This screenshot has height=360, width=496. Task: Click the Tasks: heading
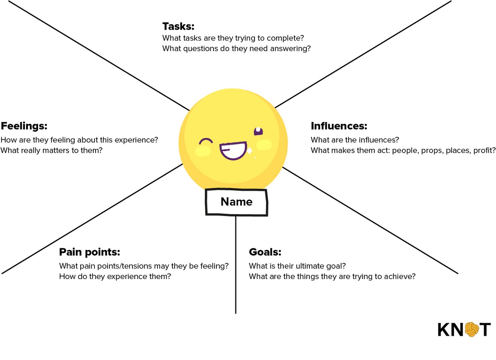click(178, 26)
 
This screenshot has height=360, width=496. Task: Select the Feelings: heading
click(24, 126)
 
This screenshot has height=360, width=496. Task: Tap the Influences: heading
click(339, 126)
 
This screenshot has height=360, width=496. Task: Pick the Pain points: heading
click(89, 252)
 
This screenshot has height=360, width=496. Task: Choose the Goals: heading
click(265, 252)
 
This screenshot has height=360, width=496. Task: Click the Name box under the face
click(236, 202)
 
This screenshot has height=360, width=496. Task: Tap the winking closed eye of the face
click(206, 141)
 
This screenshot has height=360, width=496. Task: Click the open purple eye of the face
click(258, 131)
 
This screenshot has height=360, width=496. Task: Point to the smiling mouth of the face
click(233, 150)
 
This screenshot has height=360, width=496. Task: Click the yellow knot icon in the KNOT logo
click(472, 329)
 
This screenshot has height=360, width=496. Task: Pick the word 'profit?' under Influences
click(484, 150)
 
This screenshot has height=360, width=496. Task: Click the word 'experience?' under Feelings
click(136, 140)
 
